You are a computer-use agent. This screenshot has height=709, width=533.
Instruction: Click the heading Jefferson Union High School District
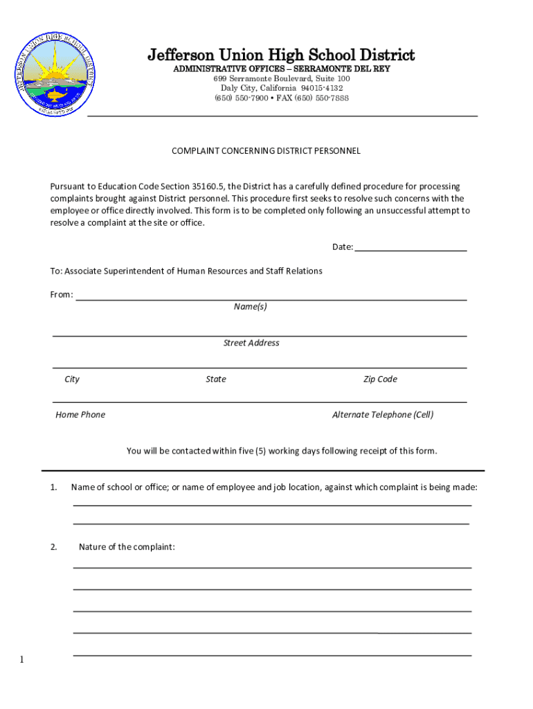point(281,55)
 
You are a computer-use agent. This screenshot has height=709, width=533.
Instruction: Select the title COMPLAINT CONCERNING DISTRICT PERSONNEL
point(266,150)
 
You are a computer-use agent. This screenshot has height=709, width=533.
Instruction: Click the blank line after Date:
point(410,248)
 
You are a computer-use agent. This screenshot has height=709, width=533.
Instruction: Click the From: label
point(62,295)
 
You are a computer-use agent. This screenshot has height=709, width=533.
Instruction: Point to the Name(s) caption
point(251,307)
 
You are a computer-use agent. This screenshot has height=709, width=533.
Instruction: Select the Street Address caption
point(251,343)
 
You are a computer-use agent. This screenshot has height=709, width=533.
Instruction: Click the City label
point(72,379)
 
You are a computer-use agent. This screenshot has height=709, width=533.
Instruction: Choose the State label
point(216,379)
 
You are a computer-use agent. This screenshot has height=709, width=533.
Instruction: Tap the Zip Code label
point(380,379)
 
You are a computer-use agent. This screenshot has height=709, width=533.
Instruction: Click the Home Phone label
point(80,415)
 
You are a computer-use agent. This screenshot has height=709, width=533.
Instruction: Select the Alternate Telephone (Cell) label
point(383,415)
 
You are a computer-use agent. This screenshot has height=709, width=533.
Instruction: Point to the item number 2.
point(53,547)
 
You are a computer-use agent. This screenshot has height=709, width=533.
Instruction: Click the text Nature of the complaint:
point(127,547)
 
